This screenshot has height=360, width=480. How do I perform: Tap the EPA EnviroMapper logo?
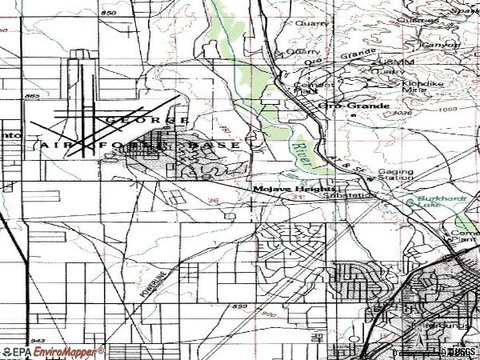53,352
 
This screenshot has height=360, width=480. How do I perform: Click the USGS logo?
460,353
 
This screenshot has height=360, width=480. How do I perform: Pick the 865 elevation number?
32,97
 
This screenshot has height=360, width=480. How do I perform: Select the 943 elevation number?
39,340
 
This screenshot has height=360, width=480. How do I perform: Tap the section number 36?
213,200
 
